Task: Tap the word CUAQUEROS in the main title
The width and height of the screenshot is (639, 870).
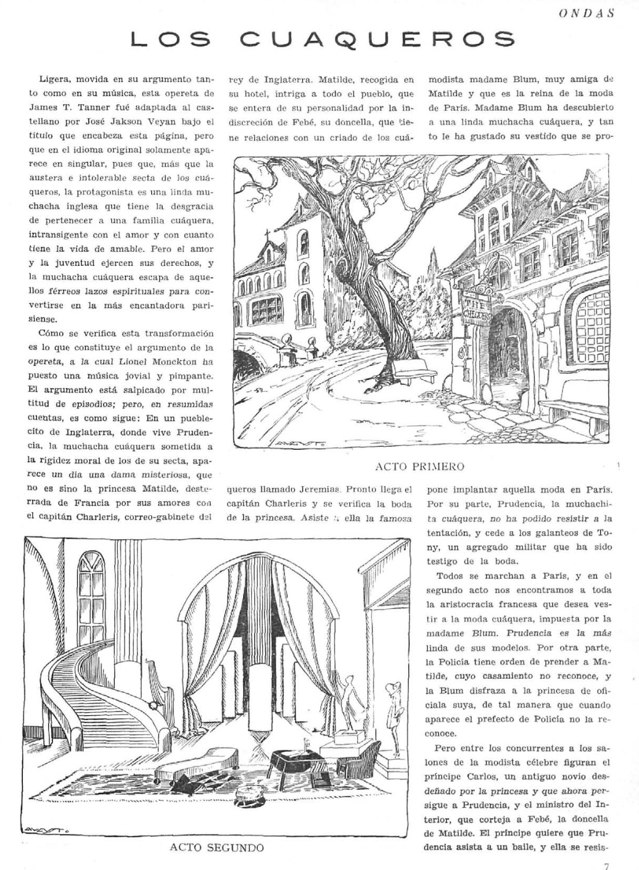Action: coord(377,40)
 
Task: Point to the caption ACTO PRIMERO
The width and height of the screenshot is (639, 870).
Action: coord(419,466)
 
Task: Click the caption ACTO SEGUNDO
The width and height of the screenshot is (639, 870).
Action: coord(216,847)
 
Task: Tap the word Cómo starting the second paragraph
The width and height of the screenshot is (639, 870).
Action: coord(51,334)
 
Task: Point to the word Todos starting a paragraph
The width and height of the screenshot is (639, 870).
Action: coord(449,576)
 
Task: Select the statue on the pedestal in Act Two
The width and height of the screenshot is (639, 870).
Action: coord(347,697)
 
